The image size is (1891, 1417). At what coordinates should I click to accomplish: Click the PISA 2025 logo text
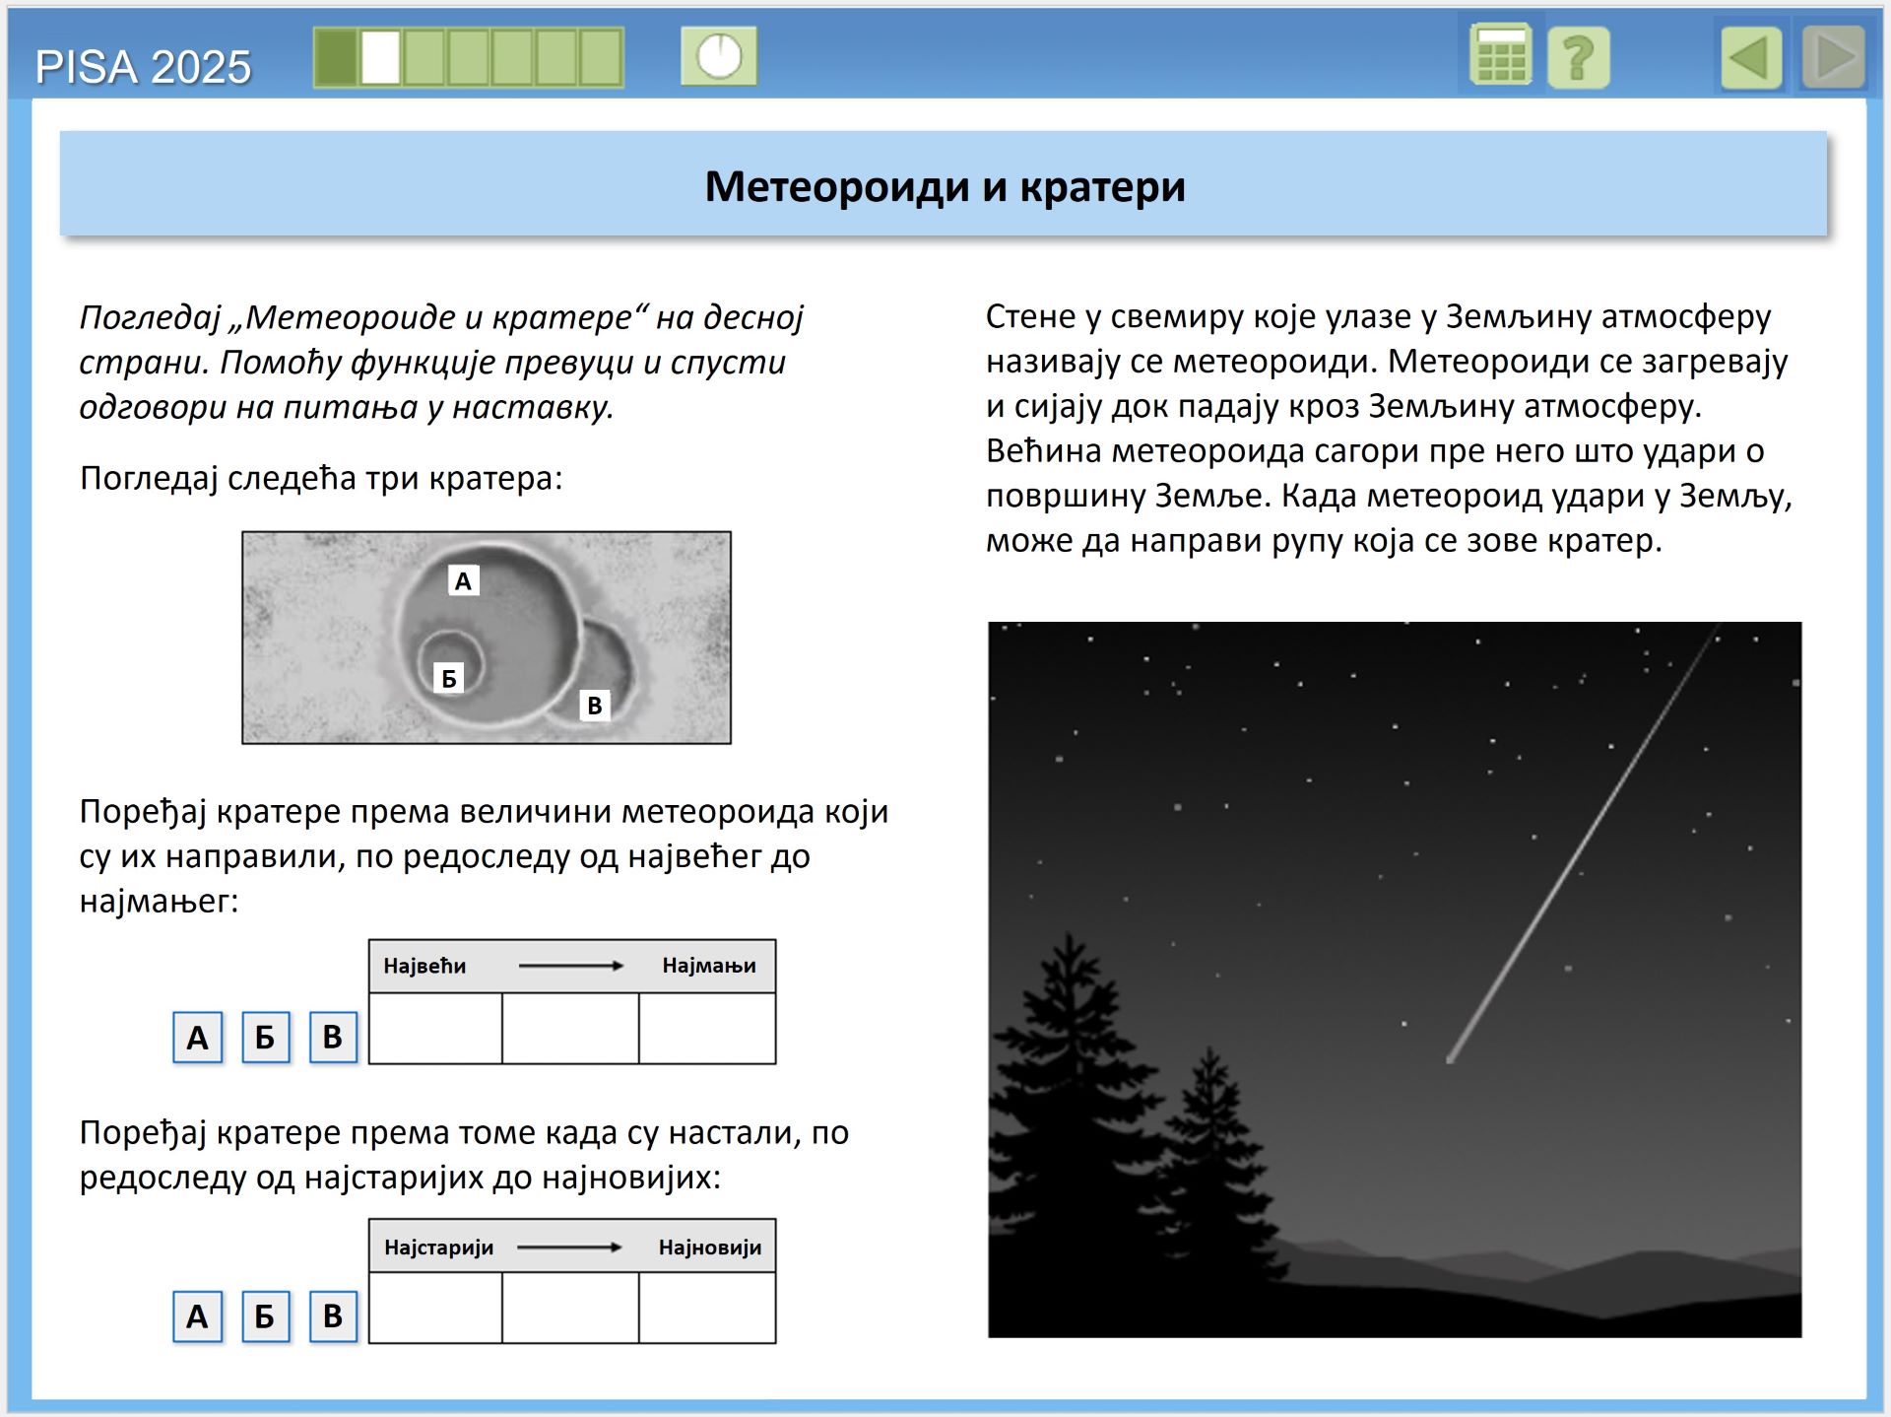pos(143,67)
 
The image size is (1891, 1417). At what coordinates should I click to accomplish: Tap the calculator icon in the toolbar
pos(1500,56)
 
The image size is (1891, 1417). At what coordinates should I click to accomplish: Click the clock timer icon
pos(719,56)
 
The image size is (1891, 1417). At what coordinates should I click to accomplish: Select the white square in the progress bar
pos(380,57)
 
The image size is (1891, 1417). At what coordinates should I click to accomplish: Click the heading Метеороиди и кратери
pos(945,186)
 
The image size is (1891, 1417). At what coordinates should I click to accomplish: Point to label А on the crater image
pos(463,581)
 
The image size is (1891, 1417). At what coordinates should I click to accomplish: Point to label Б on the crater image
pos(449,678)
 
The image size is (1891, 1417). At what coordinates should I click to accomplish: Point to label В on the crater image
pos(594,706)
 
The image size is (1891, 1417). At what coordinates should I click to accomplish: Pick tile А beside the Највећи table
pos(198,1038)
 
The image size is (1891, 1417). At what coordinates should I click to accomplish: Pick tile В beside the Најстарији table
pos(333,1316)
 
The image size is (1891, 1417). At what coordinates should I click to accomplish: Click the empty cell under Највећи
pos(435,1029)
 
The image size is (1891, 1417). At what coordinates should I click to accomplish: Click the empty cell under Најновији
pos(707,1308)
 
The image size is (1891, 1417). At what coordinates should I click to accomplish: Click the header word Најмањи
pos(709,966)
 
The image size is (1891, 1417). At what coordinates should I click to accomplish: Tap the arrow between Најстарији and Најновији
pos(570,1248)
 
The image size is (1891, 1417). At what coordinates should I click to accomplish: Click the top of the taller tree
pos(1071,937)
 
